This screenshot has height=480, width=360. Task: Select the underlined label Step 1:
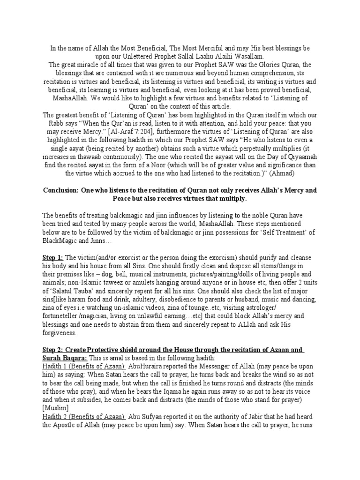[x=52, y=258]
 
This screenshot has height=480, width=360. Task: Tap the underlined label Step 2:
[x=52, y=350]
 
